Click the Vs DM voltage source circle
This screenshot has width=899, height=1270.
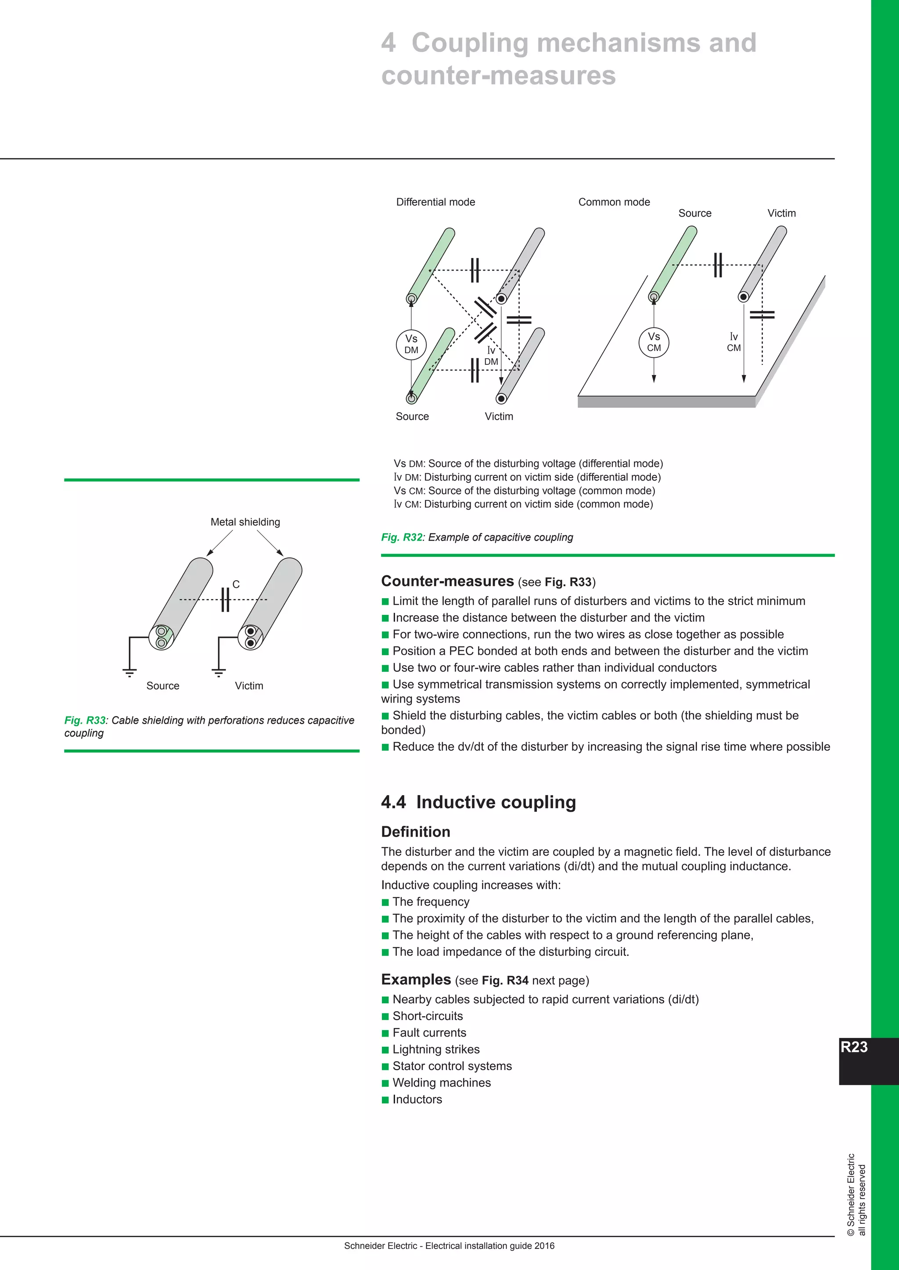tap(411, 344)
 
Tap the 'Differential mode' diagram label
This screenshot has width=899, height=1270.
tap(435, 202)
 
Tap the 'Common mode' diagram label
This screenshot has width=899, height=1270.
tap(614, 202)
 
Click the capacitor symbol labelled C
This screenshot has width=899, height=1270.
tap(225, 599)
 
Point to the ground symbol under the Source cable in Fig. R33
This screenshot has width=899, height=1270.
tap(129, 673)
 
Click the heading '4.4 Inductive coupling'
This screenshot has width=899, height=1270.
tap(478, 802)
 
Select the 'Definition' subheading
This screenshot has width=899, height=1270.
tap(415, 832)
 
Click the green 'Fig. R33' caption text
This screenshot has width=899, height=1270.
tap(85, 720)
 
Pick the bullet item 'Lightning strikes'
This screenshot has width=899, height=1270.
tap(435, 1049)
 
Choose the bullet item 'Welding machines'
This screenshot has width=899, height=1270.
tap(441, 1082)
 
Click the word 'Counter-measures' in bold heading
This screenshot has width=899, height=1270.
tap(447, 581)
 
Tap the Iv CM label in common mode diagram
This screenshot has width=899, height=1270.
tap(734, 342)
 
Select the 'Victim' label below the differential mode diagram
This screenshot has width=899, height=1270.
tap(499, 417)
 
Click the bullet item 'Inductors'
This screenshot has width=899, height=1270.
tap(417, 1099)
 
